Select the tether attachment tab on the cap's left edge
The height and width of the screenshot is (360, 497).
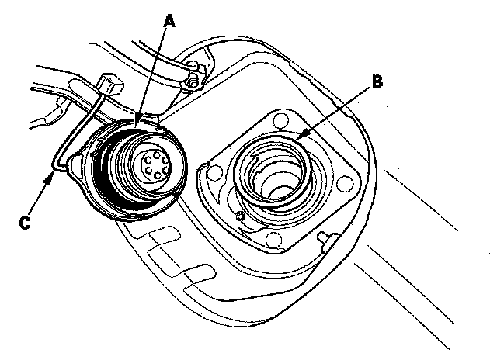(x=78, y=161)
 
